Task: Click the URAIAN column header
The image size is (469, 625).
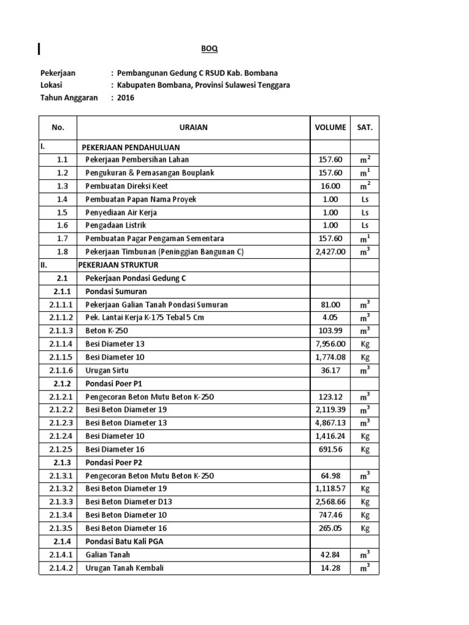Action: tap(194, 128)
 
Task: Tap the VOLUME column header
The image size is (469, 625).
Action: tap(330, 128)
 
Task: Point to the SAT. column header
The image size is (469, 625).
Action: tap(365, 128)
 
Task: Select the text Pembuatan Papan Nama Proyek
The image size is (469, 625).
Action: tap(141, 200)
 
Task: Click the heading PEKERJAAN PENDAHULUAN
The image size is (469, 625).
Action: tap(131, 148)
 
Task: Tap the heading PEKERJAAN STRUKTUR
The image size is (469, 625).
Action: tap(118, 265)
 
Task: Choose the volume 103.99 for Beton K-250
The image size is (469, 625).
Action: tap(330, 331)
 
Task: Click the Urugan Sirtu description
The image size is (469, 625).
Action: tap(107, 370)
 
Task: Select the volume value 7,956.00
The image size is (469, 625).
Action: tap(330, 344)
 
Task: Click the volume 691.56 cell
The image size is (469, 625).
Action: tap(330, 449)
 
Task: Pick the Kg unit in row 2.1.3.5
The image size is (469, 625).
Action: tap(365, 528)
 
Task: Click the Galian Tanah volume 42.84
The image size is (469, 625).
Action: tap(330, 554)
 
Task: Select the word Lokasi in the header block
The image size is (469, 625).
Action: tap(51, 85)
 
